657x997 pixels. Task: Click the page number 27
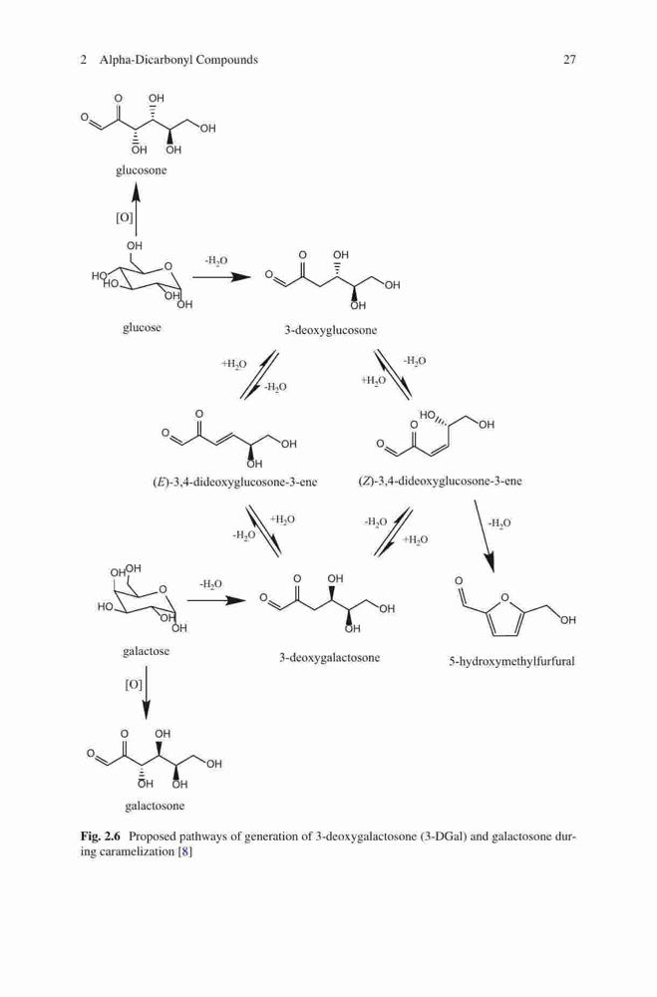[x=569, y=60]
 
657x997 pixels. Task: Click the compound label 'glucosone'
[x=142, y=169]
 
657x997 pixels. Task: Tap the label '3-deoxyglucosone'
[x=331, y=330]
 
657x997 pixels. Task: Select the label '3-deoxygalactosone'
[x=329, y=657]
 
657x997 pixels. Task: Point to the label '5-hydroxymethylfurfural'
[x=512, y=661]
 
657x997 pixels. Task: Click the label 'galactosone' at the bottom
[x=155, y=806]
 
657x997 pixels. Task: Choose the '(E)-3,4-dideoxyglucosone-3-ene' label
[x=235, y=482]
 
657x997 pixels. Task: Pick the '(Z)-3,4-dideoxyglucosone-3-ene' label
[x=440, y=482]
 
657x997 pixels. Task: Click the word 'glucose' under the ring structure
[x=142, y=328]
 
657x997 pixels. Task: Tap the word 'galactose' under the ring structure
[x=147, y=651]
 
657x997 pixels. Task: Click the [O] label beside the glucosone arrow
[x=125, y=217]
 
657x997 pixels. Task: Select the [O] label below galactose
[x=134, y=685]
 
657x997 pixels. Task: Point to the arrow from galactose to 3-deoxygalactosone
[x=216, y=600]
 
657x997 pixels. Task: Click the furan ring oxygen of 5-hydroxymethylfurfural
[x=505, y=597]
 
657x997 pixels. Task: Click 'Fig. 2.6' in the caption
[x=102, y=836]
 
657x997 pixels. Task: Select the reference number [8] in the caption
[x=184, y=851]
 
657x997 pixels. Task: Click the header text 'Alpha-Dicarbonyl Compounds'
[x=178, y=60]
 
